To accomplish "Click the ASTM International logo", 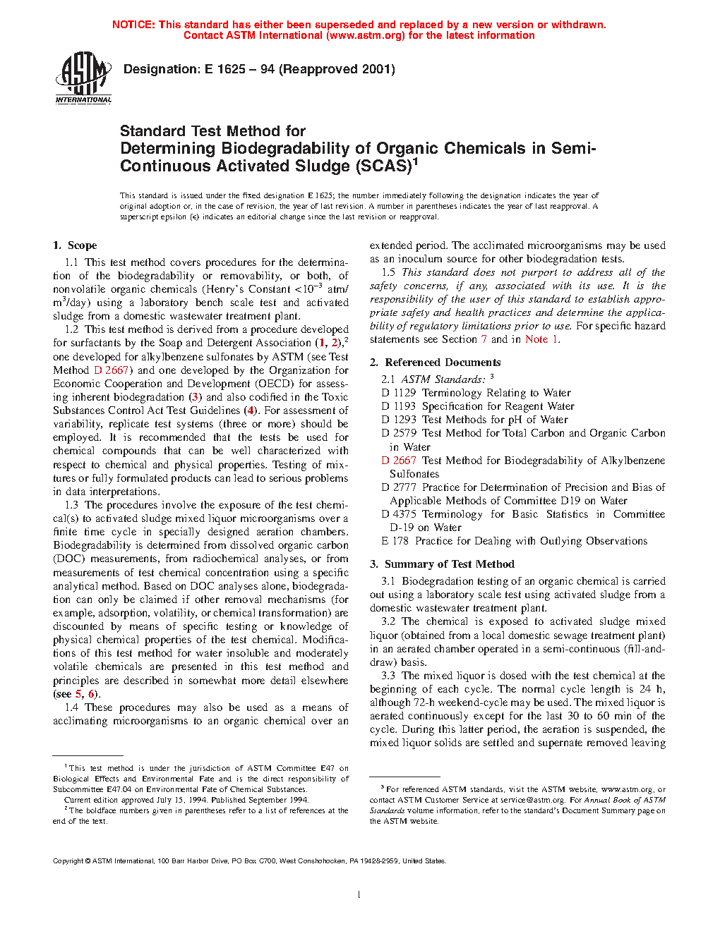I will point(83,77).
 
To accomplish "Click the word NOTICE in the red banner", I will point(133,25).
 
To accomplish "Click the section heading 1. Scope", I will point(75,245).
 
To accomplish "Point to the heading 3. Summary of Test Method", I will point(442,564).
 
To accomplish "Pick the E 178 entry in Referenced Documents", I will point(514,541).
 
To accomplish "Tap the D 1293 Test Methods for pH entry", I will point(474,420).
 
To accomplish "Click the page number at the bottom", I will point(359,895).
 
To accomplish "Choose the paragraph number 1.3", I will point(71,505).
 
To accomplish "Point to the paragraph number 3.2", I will point(388,621).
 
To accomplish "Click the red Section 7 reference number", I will point(484,339).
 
